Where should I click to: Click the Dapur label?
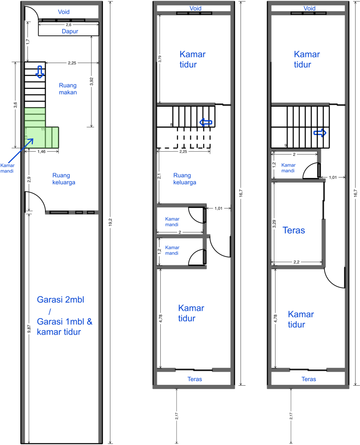click(70, 31)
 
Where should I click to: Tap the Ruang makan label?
click(68, 89)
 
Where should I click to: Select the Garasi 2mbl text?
click(61, 300)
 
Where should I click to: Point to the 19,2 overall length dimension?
click(111, 222)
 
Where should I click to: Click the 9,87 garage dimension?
click(29, 328)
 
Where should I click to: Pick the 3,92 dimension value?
click(91, 82)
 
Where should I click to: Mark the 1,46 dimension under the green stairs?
click(42, 152)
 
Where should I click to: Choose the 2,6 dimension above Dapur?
click(69, 25)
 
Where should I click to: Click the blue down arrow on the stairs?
click(40, 72)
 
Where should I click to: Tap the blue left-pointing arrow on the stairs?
click(206, 123)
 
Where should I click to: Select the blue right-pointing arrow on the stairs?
click(320, 133)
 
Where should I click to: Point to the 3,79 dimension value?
click(160, 59)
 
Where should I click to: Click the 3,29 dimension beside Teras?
click(274, 224)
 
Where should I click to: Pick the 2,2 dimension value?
click(297, 262)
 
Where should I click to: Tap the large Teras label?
click(294, 230)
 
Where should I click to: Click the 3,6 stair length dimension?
click(16, 105)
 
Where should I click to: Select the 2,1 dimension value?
click(159, 176)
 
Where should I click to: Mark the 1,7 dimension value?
click(28, 42)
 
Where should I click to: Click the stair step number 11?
click(43, 129)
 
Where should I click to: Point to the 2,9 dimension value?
click(29, 179)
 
